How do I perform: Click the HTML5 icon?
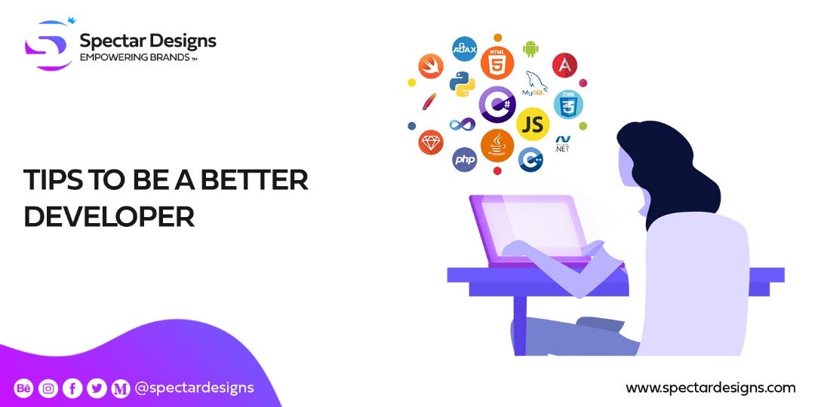(497, 63)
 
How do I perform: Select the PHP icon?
(464, 159)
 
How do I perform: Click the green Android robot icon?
(531, 50)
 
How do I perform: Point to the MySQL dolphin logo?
(537, 84)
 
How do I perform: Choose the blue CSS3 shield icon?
(568, 104)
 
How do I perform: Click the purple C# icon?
(497, 104)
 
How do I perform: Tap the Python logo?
(462, 84)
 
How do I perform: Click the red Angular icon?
(564, 65)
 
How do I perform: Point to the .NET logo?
(562, 144)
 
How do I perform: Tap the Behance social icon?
(23, 389)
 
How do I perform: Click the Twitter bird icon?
(97, 389)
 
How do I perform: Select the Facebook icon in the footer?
(72, 389)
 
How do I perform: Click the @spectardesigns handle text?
(194, 388)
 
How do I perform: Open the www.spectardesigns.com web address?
(710, 388)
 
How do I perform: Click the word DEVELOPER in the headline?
(109, 215)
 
